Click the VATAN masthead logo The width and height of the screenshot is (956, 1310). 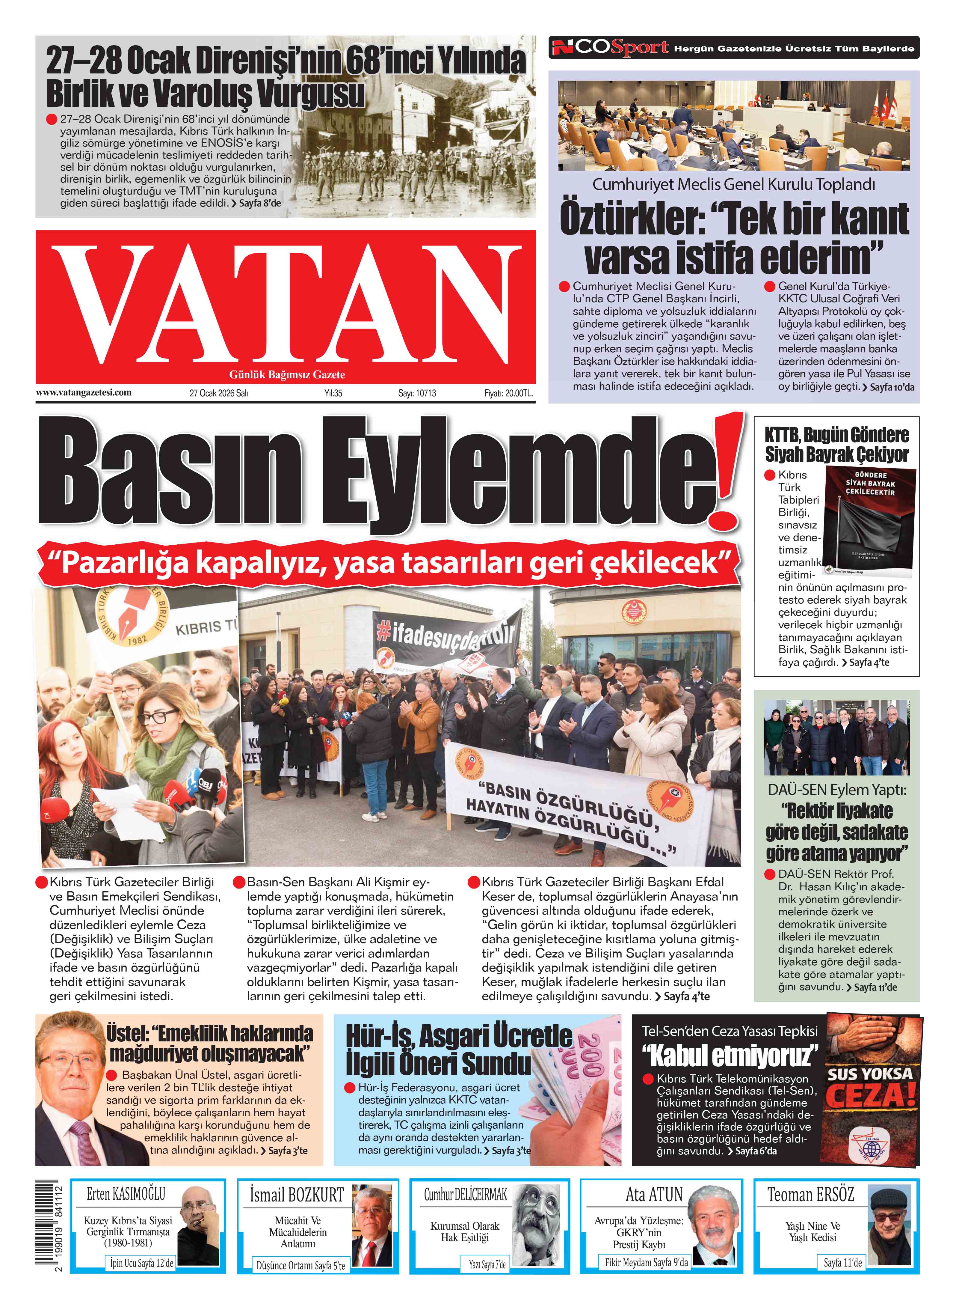(x=285, y=304)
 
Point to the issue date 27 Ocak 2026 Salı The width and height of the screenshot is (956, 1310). (x=219, y=393)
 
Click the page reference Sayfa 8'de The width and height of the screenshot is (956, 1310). (x=260, y=203)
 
